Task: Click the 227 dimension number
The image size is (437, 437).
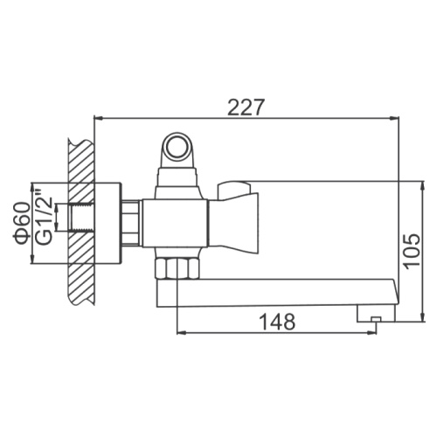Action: coord(246,108)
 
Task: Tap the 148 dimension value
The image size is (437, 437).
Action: coord(277,322)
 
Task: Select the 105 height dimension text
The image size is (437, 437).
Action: coord(412,249)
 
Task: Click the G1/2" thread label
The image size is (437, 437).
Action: coord(44,217)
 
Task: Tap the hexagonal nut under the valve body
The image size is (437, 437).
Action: coord(177,268)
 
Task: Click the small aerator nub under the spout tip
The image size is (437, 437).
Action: coord(376,319)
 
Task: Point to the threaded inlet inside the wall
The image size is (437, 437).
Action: coord(81,218)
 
